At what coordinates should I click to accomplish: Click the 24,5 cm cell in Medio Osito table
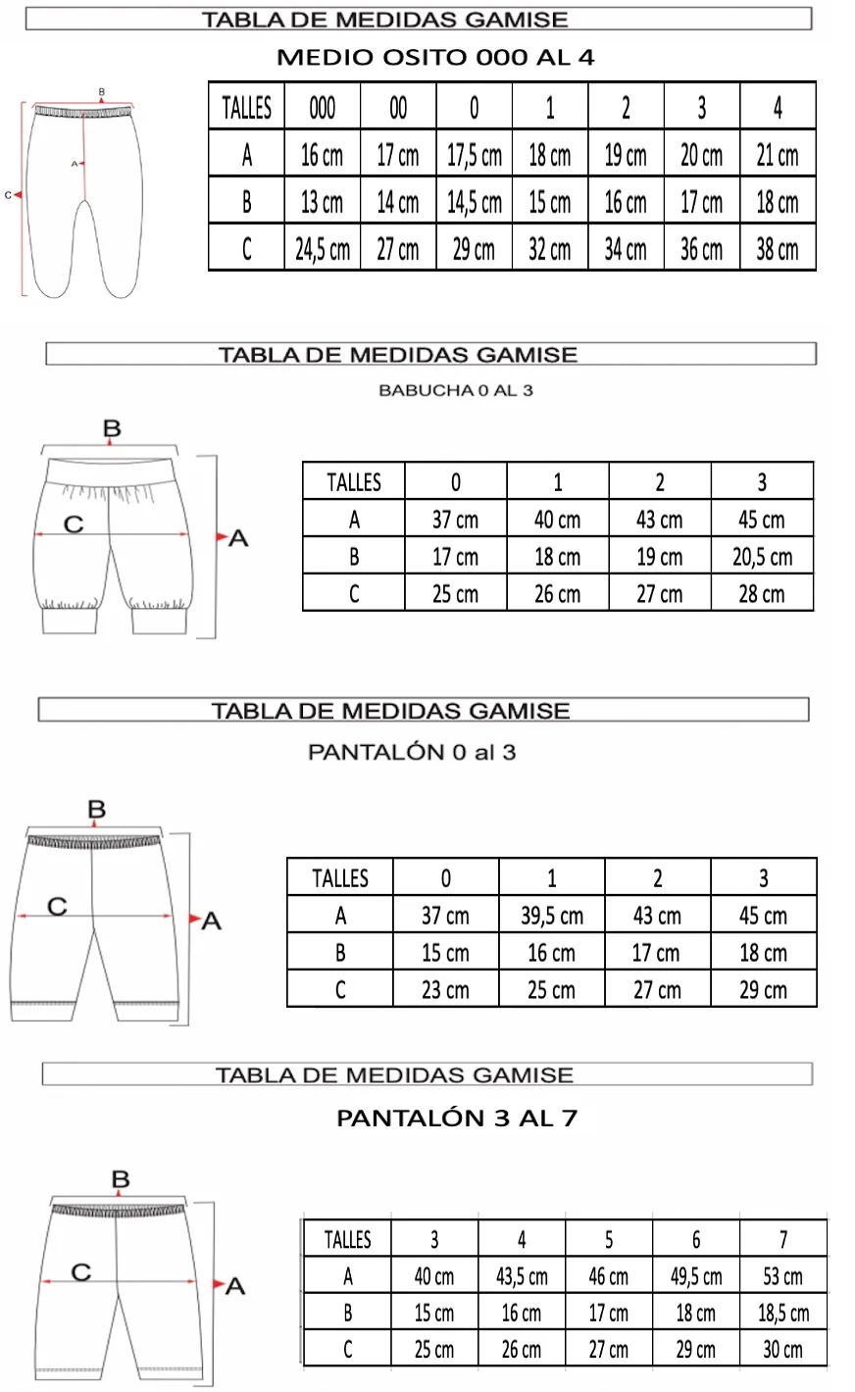coord(323,249)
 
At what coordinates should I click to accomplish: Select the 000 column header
coord(323,107)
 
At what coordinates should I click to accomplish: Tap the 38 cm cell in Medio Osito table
coord(778,249)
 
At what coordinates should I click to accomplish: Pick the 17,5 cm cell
coord(475,155)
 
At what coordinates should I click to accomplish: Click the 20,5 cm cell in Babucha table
coord(762,557)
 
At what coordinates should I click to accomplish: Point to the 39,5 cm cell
coord(551,916)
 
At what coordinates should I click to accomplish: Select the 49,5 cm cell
coord(696,1276)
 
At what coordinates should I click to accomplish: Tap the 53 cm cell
coord(782,1276)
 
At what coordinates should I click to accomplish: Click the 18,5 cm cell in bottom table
coord(782,1313)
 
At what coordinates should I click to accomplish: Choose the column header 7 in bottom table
coord(782,1240)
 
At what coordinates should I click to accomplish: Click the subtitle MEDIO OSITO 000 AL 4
coord(435,57)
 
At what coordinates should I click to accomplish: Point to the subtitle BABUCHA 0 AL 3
coord(455,391)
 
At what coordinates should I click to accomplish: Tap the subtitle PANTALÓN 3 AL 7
coord(456,1119)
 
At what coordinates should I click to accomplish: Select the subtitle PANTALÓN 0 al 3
coord(412,753)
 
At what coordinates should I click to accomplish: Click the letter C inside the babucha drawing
coord(73,524)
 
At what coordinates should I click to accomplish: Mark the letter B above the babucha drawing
coord(112,428)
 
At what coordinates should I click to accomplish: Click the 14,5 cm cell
coord(475,202)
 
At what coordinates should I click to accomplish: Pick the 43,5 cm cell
coord(522,1276)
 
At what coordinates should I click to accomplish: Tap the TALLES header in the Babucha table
coord(353,482)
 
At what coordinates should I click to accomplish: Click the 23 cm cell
coord(445,989)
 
